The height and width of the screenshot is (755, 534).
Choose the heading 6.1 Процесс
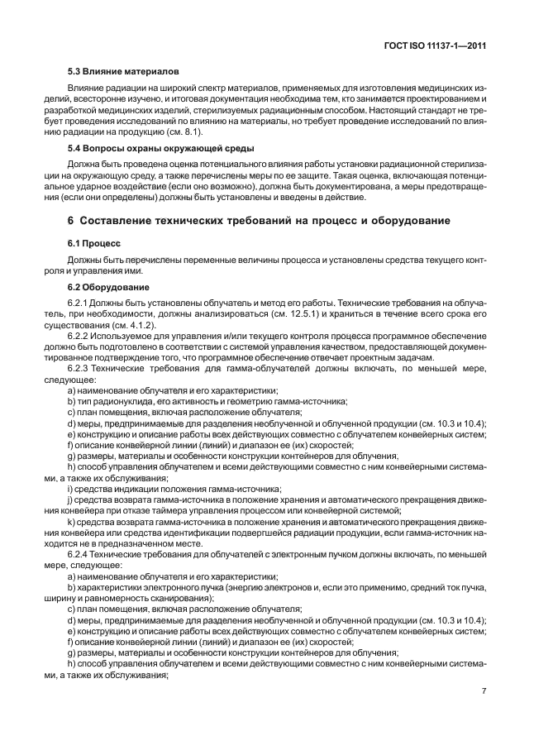[x=93, y=244]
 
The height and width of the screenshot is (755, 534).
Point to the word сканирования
[x=177, y=597]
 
